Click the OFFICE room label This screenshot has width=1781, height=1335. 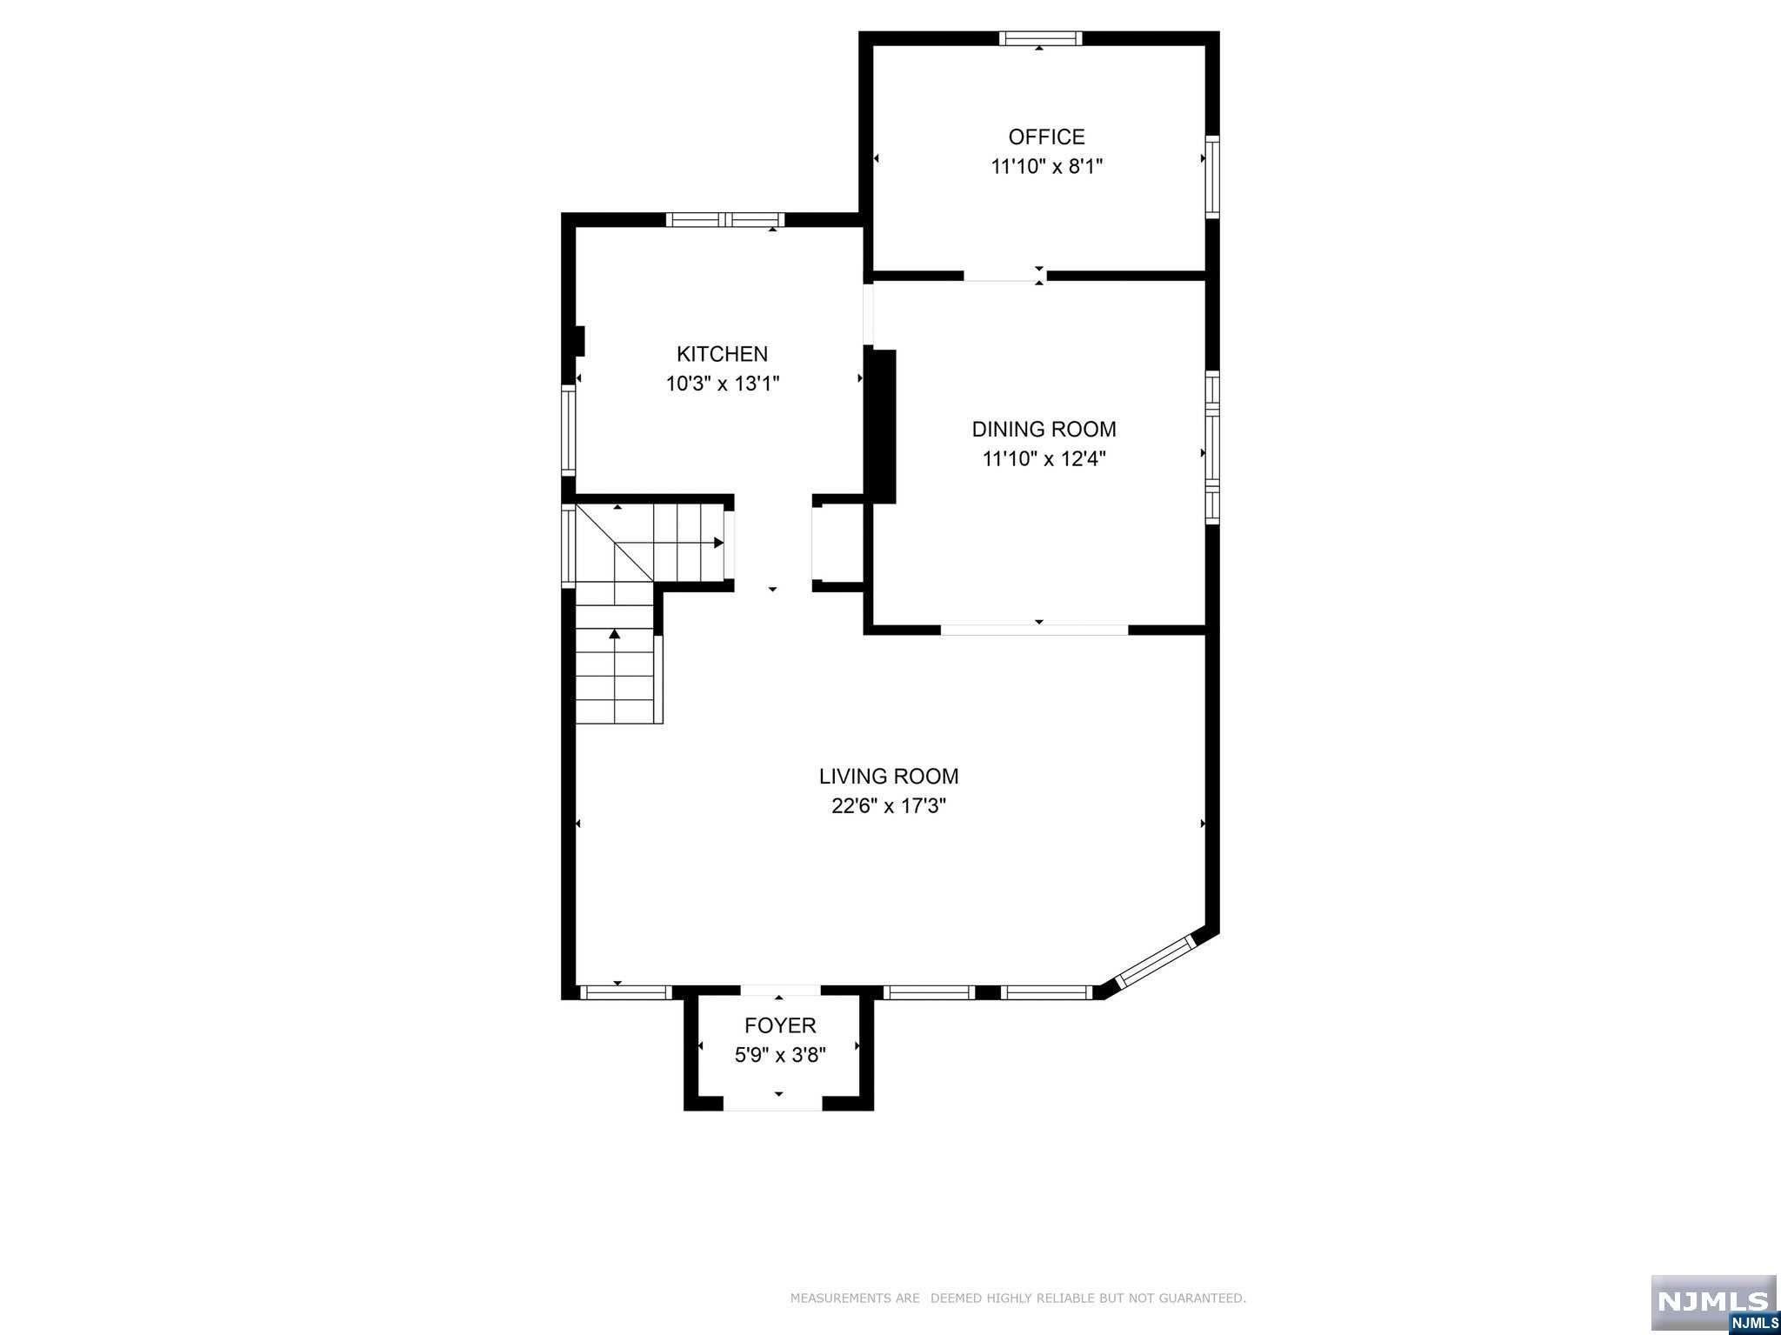(x=1046, y=137)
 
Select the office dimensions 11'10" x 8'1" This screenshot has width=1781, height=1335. (x=1046, y=166)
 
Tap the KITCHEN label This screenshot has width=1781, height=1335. (x=722, y=354)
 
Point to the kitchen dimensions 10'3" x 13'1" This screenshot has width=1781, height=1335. (x=723, y=384)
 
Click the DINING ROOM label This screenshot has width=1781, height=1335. (x=1044, y=429)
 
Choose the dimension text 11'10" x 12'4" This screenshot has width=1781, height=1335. (x=1044, y=458)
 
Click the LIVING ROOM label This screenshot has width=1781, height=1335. (x=888, y=776)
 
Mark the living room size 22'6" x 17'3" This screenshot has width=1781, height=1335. (x=888, y=806)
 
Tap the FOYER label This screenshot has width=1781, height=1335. (x=780, y=1025)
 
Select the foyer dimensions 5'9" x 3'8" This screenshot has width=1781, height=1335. (x=780, y=1055)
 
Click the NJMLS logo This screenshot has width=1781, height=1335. (x=1713, y=1302)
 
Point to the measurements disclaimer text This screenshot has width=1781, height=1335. (x=1017, y=1298)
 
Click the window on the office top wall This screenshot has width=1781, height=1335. (x=1040, y=38)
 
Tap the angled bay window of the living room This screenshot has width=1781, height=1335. (x=1156, y=962)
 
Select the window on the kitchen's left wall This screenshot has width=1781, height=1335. (x=569, y=431)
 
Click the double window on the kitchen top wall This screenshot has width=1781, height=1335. (x=725, y=219)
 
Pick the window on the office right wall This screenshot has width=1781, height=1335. (x=1211, y=177)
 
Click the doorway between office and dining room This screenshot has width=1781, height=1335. (x=1004, y=276)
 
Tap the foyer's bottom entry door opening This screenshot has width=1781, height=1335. (x=773, y=1104)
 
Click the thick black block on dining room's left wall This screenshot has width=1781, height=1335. (x=884, y=425)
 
